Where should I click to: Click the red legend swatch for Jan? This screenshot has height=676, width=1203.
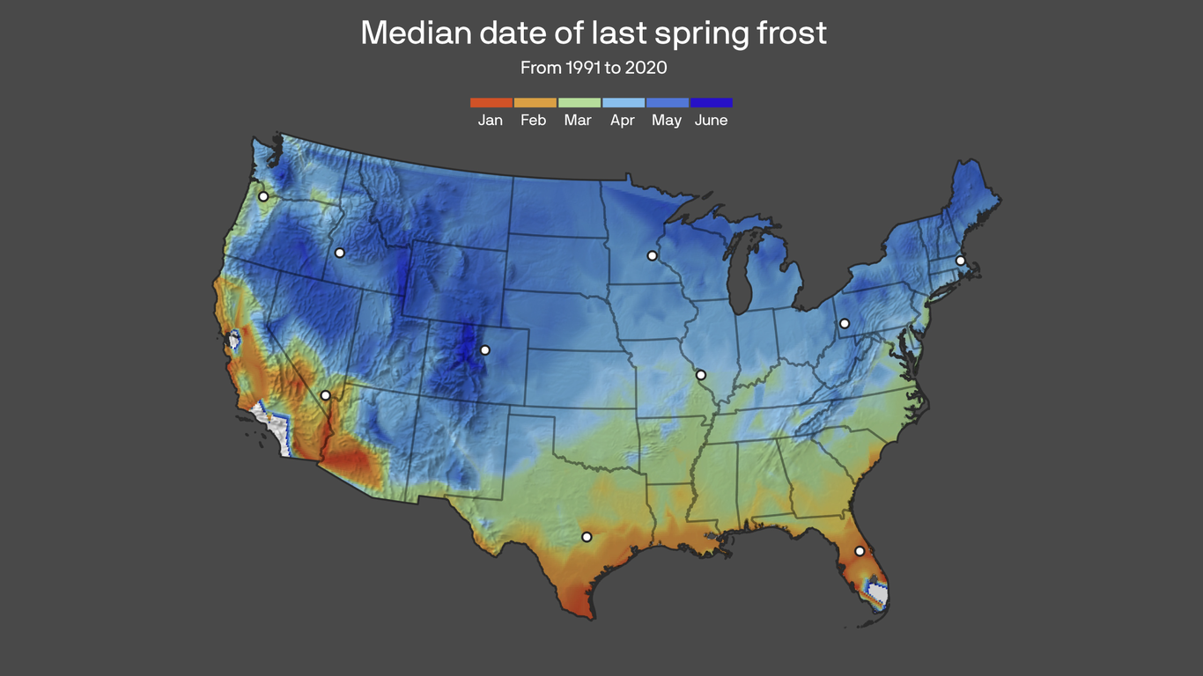(491, 103)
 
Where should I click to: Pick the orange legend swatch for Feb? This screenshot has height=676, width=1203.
(535, 103)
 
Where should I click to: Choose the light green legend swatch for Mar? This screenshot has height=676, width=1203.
(579, 103)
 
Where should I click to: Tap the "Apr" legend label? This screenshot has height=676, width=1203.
(623, 121)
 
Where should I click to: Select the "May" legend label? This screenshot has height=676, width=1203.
(667, 121)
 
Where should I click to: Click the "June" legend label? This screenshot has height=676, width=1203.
(711, 121)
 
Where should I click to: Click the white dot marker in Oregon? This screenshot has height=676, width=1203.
(262, 196)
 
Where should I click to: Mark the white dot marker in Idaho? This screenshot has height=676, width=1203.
(340, 253)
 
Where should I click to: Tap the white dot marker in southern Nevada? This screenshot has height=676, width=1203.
(326, 396)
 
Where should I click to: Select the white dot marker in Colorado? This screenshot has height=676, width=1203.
(484, 350)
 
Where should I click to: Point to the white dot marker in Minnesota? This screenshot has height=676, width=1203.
(652, 256)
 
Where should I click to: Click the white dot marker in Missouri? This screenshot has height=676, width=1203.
(701, 375)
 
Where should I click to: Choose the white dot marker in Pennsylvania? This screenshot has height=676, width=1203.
(845, 323)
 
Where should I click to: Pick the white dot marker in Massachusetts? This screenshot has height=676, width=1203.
(960, 261)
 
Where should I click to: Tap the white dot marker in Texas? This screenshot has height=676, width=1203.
(587, 537)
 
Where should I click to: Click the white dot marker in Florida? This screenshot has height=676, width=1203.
(860, 551)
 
